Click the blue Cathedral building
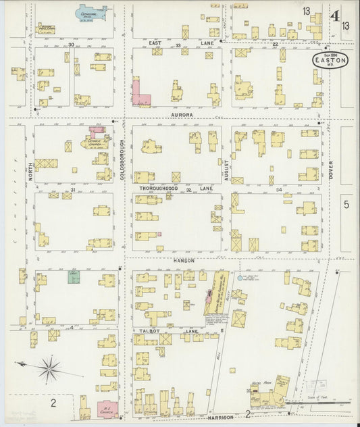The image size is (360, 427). [x=90, y=14]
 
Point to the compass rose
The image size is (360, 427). [x=49, y=369]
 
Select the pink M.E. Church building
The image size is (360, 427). [x=107, y=409]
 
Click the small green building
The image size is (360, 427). [x=74, y=276]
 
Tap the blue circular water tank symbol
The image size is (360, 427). [x=239, y=278]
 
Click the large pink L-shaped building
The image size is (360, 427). [x=140, y=95]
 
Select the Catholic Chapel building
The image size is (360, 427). [x=96, y=141]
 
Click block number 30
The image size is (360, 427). [x=71, y=44]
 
